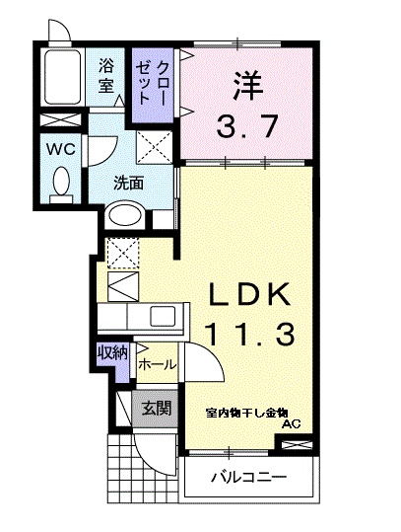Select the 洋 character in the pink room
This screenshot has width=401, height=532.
point(247,86)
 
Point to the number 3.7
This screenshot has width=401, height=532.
point(247,125)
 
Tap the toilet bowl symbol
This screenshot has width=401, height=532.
point(62,185)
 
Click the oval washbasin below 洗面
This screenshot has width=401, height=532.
point(125,217)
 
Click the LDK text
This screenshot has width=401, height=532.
point(248,294)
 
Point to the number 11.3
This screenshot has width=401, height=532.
point(249,336)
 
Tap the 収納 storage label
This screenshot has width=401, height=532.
point(111,352)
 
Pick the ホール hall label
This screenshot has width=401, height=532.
point(158,364)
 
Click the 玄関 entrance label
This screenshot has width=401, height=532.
point(157,407)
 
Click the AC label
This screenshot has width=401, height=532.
point(291,424)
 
